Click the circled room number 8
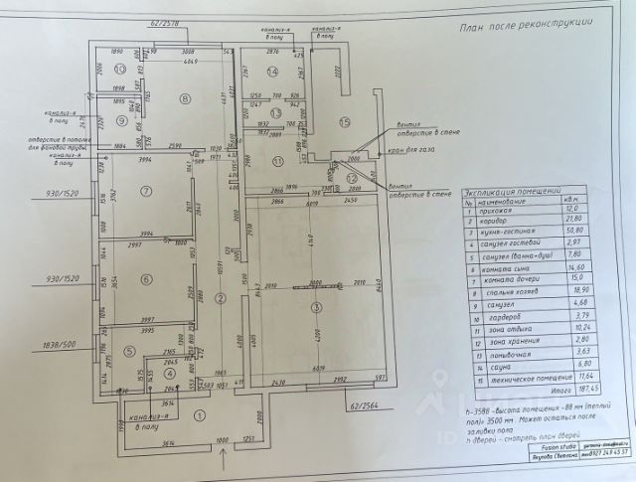[187, 98]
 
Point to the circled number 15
[345, 122]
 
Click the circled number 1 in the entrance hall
[200, 416]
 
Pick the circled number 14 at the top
[273, 72]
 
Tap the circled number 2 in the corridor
[222, 296]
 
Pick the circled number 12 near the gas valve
[355, 177]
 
